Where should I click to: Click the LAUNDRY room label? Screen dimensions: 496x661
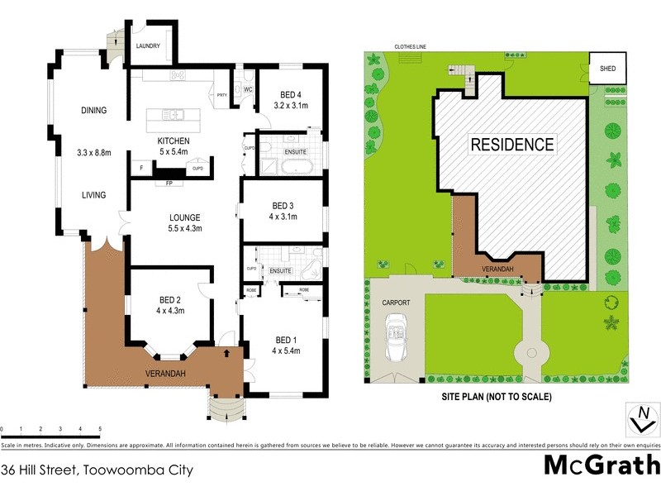click(149, 46)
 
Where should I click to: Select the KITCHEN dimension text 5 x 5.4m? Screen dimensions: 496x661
click(174, 152)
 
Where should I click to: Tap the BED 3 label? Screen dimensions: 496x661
click(283, 205)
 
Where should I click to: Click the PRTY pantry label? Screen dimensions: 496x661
click(221, 95)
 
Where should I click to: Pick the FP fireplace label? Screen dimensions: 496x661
click(169, 184)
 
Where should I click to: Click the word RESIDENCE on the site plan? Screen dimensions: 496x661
click(512, 145)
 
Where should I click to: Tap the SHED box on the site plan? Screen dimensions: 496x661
click(606, 69)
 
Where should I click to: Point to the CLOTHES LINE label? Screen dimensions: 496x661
click(411, 47)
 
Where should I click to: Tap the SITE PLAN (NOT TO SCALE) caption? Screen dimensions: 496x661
click(497, 397)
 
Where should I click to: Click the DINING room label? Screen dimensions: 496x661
click(93, 110)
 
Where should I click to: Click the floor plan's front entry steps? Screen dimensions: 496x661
click(224, 408)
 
